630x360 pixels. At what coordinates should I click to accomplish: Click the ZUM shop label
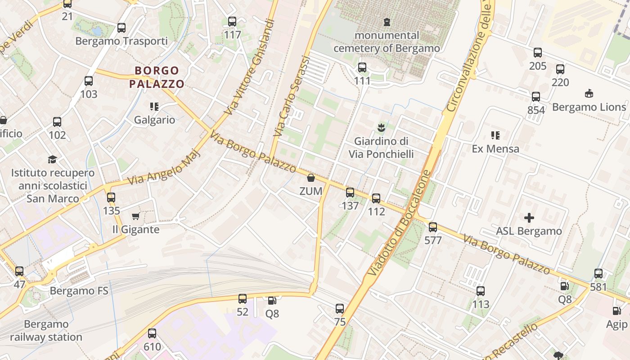click(311, 191)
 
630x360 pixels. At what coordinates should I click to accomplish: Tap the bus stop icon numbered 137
click(350, 193)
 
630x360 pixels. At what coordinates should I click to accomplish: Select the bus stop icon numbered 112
click(376, 198)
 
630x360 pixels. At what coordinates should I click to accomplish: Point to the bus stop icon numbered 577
click(433, 227)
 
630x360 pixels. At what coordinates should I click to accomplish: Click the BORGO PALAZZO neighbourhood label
click(157, 77)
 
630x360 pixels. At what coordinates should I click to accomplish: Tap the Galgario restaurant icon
click(154, 107)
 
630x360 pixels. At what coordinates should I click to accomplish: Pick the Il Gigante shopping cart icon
click(135, 216)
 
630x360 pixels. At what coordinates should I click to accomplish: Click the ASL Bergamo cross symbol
click(529, 218)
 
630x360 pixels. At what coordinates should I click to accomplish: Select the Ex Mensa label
click(495, 148)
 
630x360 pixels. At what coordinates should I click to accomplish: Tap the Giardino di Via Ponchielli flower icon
click(381, 128)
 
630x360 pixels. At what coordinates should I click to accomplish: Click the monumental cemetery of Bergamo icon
click(387, 22)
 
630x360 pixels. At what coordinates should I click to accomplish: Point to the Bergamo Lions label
click(589, 107)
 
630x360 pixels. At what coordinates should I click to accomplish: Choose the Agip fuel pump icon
click(616, 310)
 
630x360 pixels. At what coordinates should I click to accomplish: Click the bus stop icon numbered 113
click(481, 291)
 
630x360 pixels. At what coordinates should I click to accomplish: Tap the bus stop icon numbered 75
click(340, 309)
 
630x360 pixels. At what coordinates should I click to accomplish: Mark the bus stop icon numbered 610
click(152, 333)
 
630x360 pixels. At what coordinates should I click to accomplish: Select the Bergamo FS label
click(79, 291)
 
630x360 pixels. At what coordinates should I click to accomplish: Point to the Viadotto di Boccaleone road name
click(398, 222)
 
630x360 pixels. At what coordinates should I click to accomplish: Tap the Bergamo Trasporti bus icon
click(121, 28)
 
